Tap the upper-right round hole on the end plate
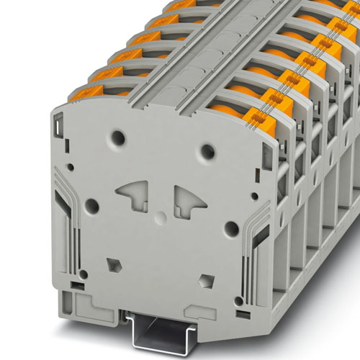point(209,151)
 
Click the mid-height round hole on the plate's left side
point(93,207)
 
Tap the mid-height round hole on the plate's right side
point(230,229)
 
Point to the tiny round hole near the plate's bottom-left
point(84,275)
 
